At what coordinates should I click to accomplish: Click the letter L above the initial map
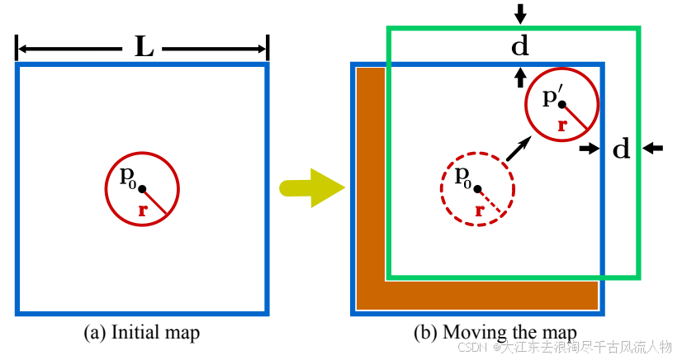pos(144,49)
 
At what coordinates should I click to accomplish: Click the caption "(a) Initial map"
pos(142,333)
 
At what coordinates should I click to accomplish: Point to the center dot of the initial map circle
pos(142,189)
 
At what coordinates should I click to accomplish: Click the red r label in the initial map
pos(143,211)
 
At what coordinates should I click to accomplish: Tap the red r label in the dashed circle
pos(480,211)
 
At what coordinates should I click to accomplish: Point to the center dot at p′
pos(562,104)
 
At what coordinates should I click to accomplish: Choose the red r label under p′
pos(562,126)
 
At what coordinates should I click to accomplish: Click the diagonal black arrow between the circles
pos(518,149)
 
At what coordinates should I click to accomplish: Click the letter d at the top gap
pos(520,46)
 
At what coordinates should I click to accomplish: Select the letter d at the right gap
pos(622,149)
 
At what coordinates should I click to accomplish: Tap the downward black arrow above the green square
pos(520,13)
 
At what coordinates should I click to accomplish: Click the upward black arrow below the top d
pos(520,77)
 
